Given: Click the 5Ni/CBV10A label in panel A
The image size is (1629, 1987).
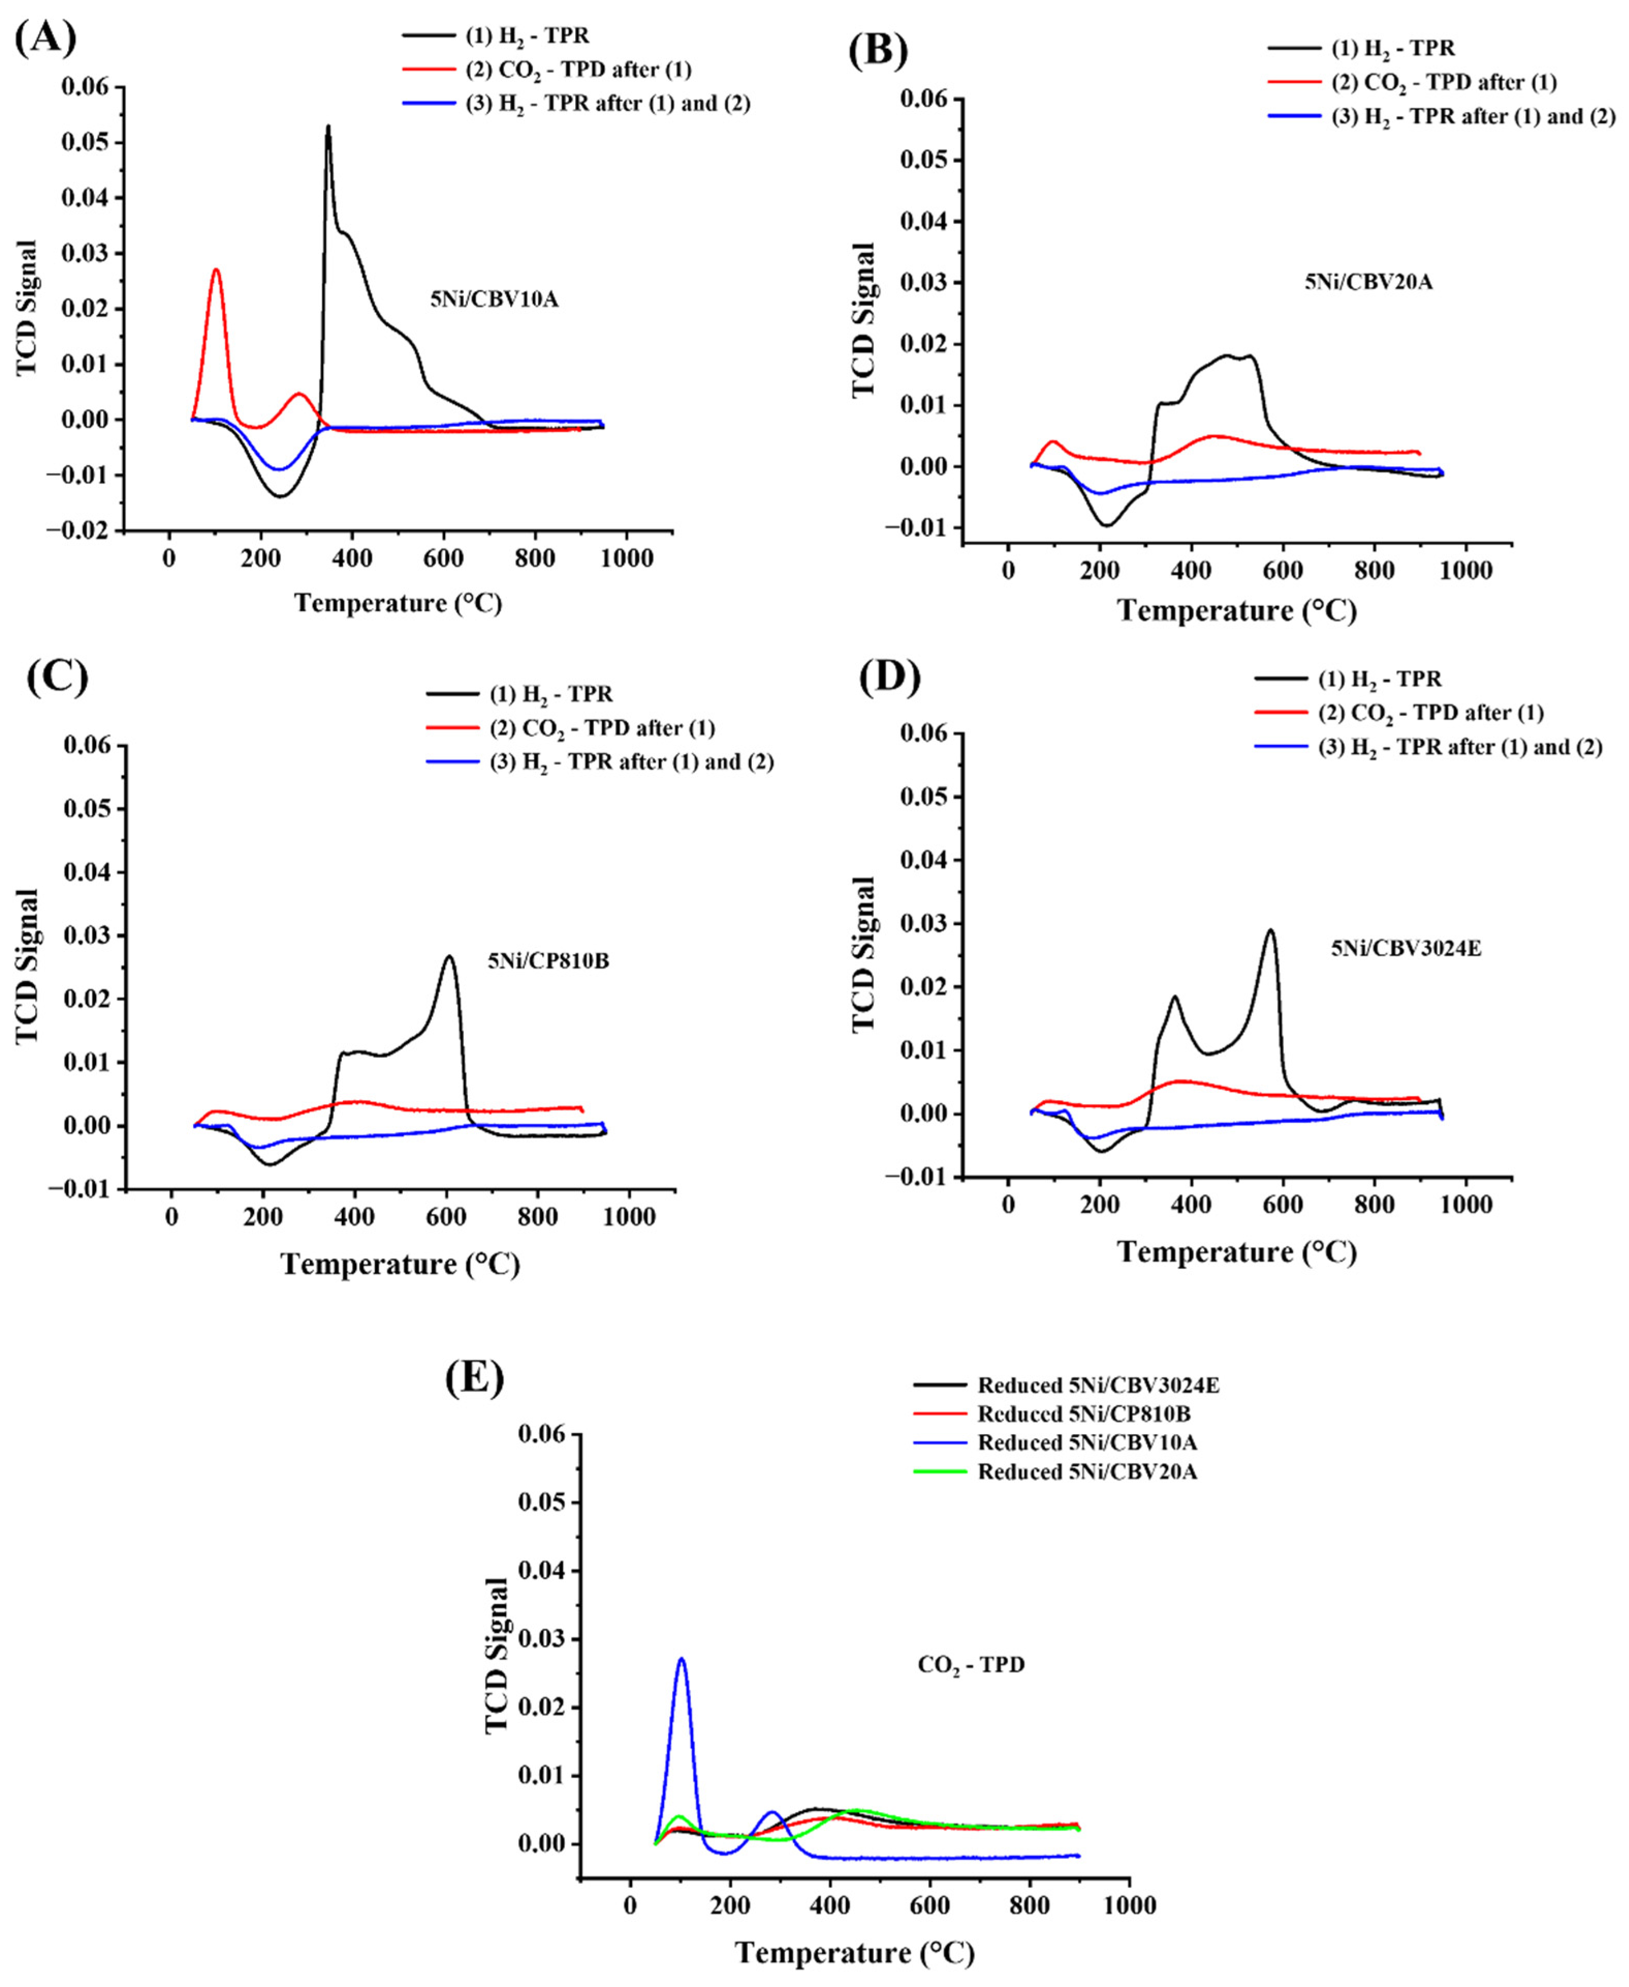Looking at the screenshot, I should coord(495,300).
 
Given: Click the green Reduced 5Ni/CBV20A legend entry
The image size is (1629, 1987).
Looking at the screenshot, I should coord(1087,1471).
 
